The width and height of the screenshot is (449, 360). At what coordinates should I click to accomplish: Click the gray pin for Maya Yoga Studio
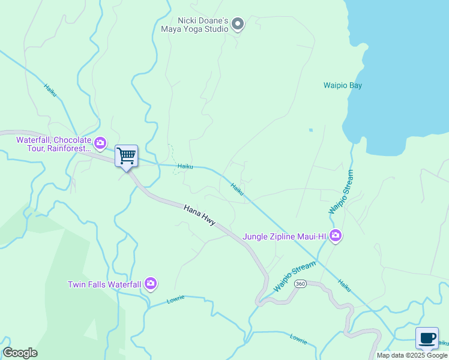pos(238,24)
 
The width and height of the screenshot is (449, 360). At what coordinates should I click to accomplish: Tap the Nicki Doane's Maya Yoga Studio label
pos(195,24)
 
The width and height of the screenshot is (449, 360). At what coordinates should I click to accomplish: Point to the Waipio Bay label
pos(343,85)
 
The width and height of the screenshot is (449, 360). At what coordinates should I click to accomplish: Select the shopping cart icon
pos(126,156)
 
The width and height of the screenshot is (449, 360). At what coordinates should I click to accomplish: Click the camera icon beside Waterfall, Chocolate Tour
pos(100,143)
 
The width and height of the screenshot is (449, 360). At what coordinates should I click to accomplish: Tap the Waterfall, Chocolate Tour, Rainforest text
pos(54,143)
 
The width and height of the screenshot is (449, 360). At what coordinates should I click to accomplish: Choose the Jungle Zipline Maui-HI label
pos(284,236)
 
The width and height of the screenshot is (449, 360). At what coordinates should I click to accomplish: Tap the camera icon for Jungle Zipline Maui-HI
pos(336,236)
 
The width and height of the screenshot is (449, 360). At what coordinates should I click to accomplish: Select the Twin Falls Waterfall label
pos(104,284)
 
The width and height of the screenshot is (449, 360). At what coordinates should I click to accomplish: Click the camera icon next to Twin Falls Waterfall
pos(150,283)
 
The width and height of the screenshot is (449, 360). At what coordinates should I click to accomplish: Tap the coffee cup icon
pos(427,338)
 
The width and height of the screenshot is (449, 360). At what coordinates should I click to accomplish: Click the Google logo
pos(20,353)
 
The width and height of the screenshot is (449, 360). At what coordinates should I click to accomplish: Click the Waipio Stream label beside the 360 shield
pos(294,277)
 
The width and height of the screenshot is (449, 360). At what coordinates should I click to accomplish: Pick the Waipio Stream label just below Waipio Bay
pos(342,192)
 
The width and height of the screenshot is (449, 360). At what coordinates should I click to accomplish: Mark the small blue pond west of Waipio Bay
pos(310,130)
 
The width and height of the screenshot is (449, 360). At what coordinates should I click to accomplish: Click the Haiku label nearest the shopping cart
pos(185,166)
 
